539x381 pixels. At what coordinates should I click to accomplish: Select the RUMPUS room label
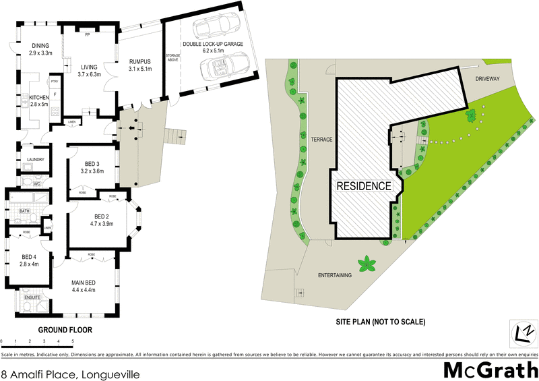(139, 61)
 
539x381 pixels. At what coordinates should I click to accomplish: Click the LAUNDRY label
(35, 160)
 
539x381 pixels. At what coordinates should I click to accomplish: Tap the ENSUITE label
(32, 297)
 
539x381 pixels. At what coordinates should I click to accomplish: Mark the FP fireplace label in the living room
(87, 34)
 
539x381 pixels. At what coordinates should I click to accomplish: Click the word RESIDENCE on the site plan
(363, 185)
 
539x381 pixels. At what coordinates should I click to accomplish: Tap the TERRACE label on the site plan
(323, 139)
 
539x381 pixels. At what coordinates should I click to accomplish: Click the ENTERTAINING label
(336, 275)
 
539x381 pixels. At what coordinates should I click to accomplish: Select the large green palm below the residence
(367, 264)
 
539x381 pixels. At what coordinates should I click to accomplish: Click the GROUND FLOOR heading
(65, 330)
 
